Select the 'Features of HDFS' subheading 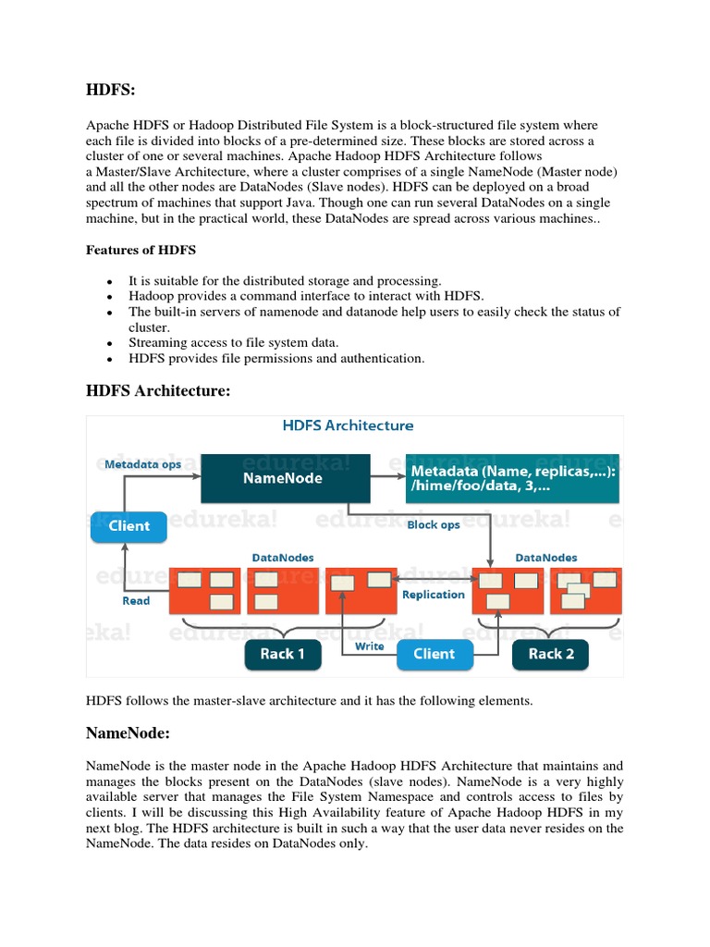click(141, 250)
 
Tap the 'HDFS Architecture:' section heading click(157, 391)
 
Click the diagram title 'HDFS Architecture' click(348, 426)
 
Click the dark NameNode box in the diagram click(286, 478)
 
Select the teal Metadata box click(512, 478)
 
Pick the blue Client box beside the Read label click(129, 526)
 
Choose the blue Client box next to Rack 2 click(434, 654)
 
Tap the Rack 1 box click(282, 654)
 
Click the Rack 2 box click(551, 654)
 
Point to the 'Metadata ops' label click(142, 464)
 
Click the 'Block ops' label click(434, 524)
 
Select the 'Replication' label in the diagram click(433, 595)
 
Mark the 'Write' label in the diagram click(370, 646)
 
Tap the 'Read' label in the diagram click(136, 600)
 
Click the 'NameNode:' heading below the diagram click(130, 733)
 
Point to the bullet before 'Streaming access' click(110, 343)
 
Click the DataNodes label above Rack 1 click(282, 558)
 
